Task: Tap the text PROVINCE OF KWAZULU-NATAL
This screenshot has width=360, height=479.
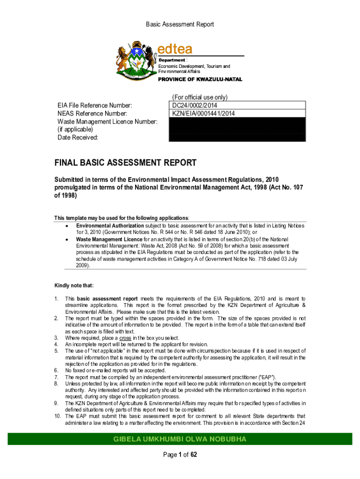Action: pos(200,80)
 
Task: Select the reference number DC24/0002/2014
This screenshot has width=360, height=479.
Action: pos(194,105)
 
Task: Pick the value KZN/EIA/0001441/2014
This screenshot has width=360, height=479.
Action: pos(203,113)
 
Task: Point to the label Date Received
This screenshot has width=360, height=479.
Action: pos(78,138)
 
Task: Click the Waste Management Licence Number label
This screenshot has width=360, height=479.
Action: pos(107,122)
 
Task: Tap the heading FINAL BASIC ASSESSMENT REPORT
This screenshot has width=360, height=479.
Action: pos(126,163)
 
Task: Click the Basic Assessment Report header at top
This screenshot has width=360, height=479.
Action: pos(180,24)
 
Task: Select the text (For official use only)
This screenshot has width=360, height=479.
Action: pos(200,97)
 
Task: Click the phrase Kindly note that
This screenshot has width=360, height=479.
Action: pos(72,285)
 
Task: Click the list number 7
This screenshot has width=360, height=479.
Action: pos(56,377)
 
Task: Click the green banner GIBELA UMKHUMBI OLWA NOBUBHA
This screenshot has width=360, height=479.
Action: pos(180,439)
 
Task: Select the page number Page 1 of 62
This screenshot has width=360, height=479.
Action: pos(180,454)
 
